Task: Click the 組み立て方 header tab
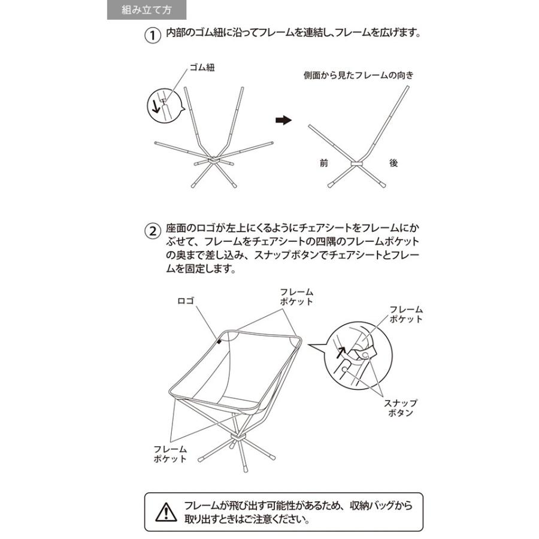click(x=146, y=10)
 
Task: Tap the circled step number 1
click(x=153, y=35)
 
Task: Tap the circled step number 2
click(x=153, y=231)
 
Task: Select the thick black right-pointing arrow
click(x=283, y=120)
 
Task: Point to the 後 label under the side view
click(x=393, y=163)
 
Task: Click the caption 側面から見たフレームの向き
click(x=358, y=76)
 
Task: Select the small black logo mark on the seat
click(x=220, y=341)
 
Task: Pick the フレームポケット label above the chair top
click(x=296, y=296)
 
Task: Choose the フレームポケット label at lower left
click(x=170, y=454)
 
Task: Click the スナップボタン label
click(x=401, y=408)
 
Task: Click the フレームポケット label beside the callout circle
click(x=406, y=314)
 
